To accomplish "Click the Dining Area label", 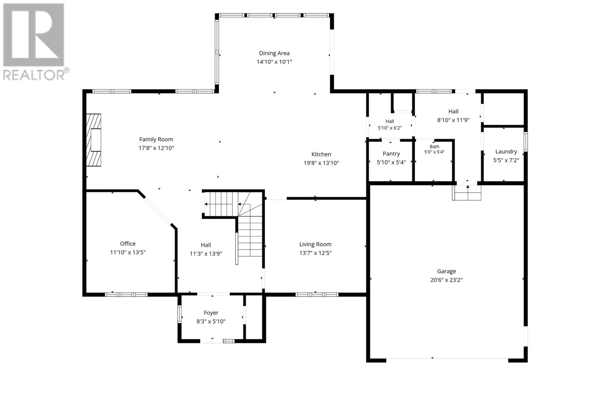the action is (274, 53).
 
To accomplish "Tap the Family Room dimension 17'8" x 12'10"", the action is (156, 148).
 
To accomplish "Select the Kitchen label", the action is (321, 154).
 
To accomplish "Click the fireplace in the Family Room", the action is (94, 140).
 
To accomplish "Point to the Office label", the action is (128, 244).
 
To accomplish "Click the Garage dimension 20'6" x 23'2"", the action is (446, 280).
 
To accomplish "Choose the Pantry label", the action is (391, 154).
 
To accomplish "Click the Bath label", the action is (434, 146).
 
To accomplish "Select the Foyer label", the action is (211, 313).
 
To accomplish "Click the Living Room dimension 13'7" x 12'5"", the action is (315, 253).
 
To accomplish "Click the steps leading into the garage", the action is (467, 193).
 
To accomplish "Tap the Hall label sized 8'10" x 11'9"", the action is (453, 111).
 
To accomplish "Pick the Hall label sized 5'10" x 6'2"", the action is (390, 122).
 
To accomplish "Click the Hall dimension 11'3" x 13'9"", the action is (206, 254).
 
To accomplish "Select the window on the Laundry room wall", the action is (526, 141).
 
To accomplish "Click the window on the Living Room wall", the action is (317, 294).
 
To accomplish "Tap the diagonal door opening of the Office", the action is (158, 210).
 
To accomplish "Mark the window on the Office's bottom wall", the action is (126, 294).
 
